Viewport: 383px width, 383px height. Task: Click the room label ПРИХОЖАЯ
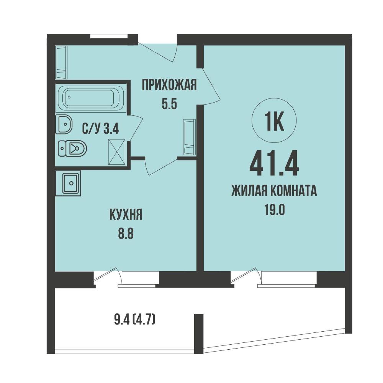[x=169, y=85]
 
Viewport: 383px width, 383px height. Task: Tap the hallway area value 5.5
[x=169, y=104]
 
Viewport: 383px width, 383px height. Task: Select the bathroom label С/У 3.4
[x=100, y=129]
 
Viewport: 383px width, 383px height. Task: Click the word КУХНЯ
[x=126, y=215]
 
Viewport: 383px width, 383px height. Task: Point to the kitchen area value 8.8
[x=126, y=234]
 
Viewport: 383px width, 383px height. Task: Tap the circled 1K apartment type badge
[x=274, y=121]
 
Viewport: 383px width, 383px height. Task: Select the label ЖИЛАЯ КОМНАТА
[x=274, y=191]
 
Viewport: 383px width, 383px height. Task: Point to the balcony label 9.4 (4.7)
[x=134, y=320]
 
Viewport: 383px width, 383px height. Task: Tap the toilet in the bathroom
[x=73, y=148]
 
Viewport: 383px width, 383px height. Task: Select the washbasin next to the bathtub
[x=64, y=124]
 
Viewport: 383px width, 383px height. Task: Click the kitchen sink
[x=69, y=183]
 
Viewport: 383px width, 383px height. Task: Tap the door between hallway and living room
[x=211, y=86]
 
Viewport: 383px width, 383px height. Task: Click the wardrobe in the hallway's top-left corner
[x=61, y=62]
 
